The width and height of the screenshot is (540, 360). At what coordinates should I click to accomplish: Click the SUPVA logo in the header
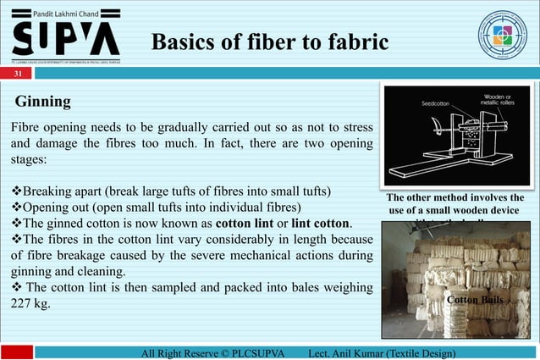click(x=64, y=38)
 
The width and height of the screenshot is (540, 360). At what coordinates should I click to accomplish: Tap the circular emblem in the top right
click(x=502, y=36)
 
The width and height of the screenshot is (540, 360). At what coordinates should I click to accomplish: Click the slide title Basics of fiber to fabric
click(x=270, y=42)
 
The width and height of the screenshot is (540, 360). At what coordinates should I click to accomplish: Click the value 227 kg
click(x=30, y=303)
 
